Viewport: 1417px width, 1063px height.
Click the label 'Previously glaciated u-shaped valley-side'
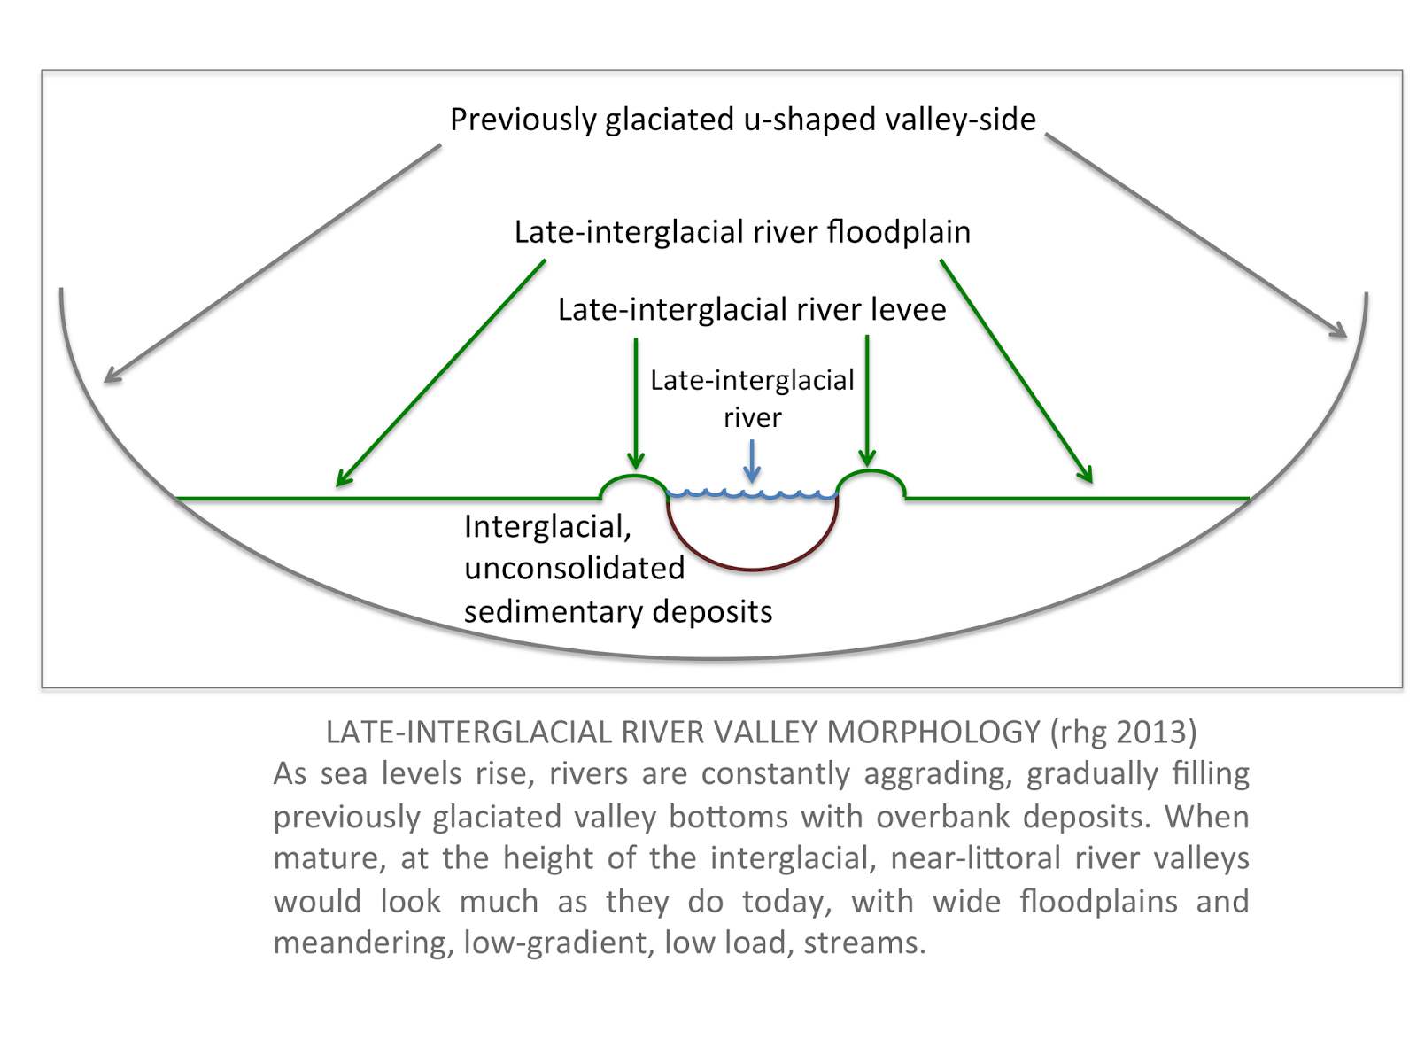[742, 120]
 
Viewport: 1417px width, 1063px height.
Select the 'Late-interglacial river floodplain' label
[742, 232]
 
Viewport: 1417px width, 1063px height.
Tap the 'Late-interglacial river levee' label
[752, 309]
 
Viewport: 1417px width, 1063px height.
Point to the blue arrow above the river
[752, 461]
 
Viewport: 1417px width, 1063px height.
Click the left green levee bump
[633, 483]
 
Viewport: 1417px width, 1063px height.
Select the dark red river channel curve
[752, 568]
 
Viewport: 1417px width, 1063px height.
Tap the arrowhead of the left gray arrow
[110, 377]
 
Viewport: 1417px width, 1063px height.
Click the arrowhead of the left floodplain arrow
[342, 480]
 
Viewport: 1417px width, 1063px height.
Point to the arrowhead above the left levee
[635, 462]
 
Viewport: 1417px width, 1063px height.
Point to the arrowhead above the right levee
[867, 460]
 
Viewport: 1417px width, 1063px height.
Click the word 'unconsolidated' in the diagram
[574, 569]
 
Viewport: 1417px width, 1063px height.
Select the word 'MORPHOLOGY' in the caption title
[933, 733]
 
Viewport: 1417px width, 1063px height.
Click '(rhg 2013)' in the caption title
[1123, 733]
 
